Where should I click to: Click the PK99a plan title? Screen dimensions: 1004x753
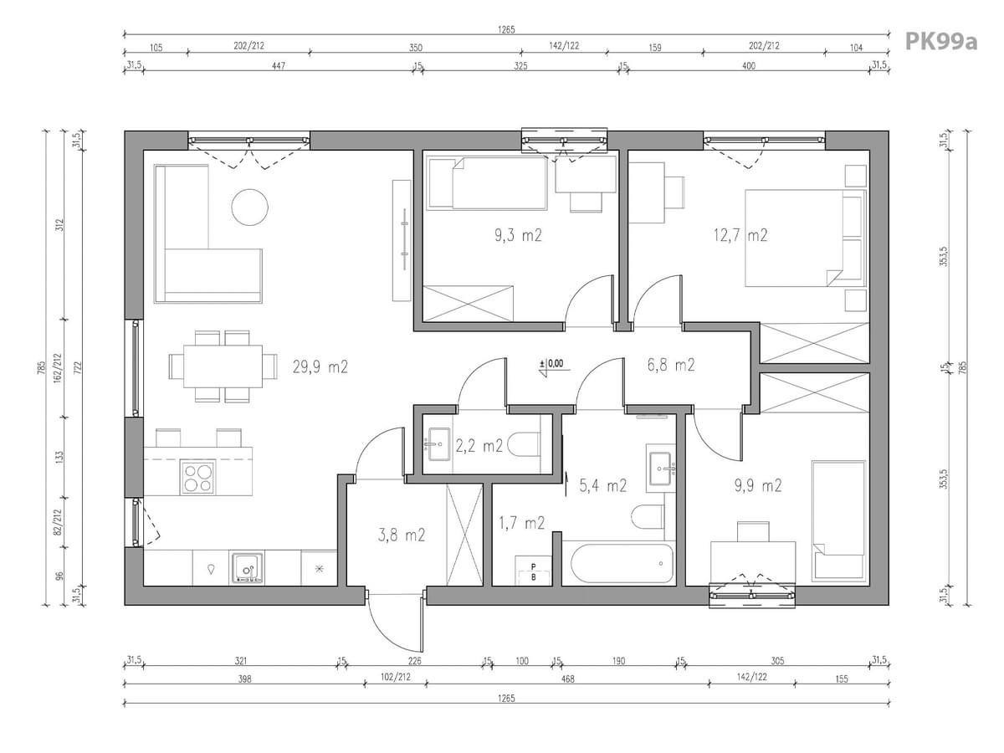coord(941,42)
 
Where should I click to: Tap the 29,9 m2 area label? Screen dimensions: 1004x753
coord(320,367)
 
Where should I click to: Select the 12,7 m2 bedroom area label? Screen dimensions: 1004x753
coord(740,235)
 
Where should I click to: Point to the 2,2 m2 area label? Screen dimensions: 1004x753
coord(479,445)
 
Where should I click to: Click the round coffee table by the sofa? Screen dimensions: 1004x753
coord(249,207)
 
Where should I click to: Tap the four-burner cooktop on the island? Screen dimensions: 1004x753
coord(197,477)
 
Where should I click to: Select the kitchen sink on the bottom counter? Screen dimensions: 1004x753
coord(247,568)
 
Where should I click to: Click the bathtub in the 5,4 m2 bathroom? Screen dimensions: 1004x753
coord(618,563)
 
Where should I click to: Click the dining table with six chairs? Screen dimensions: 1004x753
coord(223,366)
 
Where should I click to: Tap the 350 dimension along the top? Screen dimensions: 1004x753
coord(415,48)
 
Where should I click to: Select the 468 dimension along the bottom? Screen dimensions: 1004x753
coord(567,679)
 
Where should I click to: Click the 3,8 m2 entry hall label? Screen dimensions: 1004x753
coord(402,535)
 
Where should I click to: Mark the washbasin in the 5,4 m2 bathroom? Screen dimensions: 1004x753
coord(660,469)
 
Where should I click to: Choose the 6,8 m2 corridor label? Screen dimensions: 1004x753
coord(671,365)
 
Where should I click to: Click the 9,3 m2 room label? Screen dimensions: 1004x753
coord(518,235)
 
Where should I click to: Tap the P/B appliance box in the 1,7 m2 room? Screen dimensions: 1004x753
coord(533,571)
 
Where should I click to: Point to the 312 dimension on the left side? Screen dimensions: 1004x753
coord(60,225)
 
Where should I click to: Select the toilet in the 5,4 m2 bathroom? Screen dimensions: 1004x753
coord(648,517)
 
